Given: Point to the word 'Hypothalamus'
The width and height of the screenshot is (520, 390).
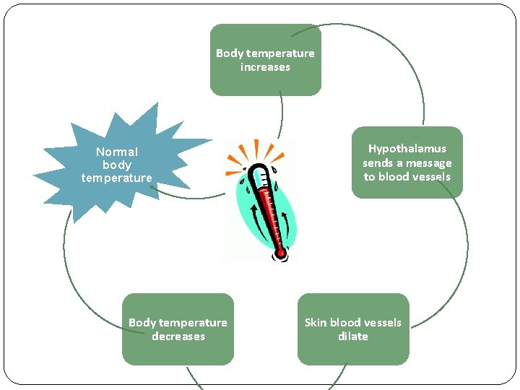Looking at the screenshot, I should (x=407, y=149).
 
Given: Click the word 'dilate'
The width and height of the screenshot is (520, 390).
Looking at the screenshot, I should (x=352, y=337).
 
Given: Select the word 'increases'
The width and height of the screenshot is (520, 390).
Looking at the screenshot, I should (x=265, y=67).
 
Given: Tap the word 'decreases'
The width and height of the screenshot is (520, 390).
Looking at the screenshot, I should (x=178, y=337).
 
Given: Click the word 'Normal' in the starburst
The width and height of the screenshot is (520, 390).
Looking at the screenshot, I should (x=117, y=152).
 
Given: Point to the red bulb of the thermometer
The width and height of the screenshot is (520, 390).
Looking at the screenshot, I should (x=280, y=253).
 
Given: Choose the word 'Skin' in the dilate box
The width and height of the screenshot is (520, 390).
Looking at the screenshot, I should (x=316, y=323).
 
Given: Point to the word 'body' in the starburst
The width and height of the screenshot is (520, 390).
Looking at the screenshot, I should (x=117, y=165).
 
